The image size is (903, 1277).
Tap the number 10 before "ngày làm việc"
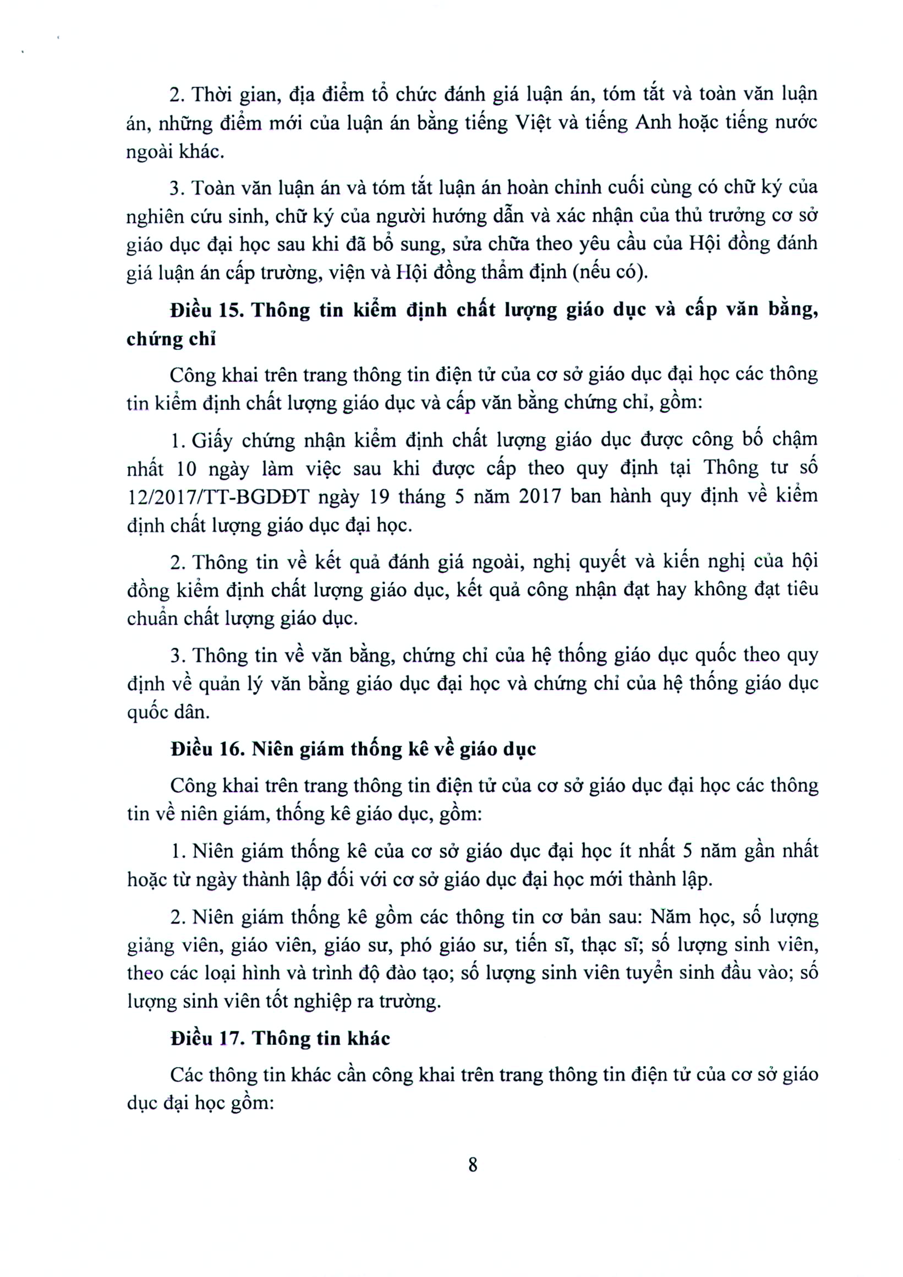tap(186, 468)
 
